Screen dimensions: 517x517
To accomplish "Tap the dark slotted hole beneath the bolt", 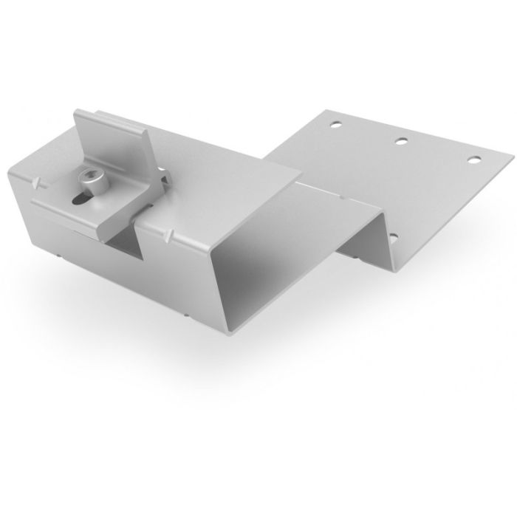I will [80, 196].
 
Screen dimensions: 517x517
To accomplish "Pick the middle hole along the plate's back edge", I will [403, 140].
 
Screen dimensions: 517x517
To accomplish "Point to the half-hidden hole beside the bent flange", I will [393, 239].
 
